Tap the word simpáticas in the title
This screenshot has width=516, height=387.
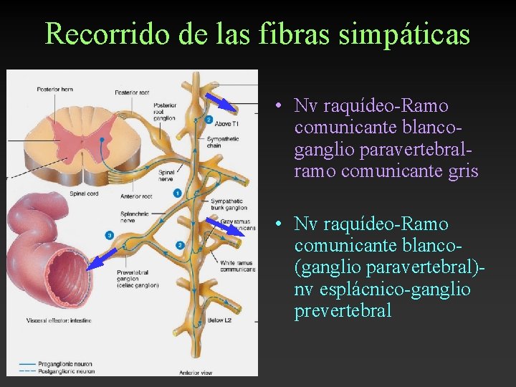pos(401,33)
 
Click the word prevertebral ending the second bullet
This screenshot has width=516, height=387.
pos(343,310)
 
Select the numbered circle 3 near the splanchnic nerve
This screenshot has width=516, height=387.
pos(109,235)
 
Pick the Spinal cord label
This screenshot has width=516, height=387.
pos(83,193)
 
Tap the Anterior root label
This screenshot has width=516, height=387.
pos(136,196)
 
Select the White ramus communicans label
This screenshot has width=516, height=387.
pos(238,266)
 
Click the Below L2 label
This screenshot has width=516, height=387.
pos(219,320)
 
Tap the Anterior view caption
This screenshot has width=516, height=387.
pos(194,372)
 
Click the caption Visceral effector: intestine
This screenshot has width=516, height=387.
pos(58,320)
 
